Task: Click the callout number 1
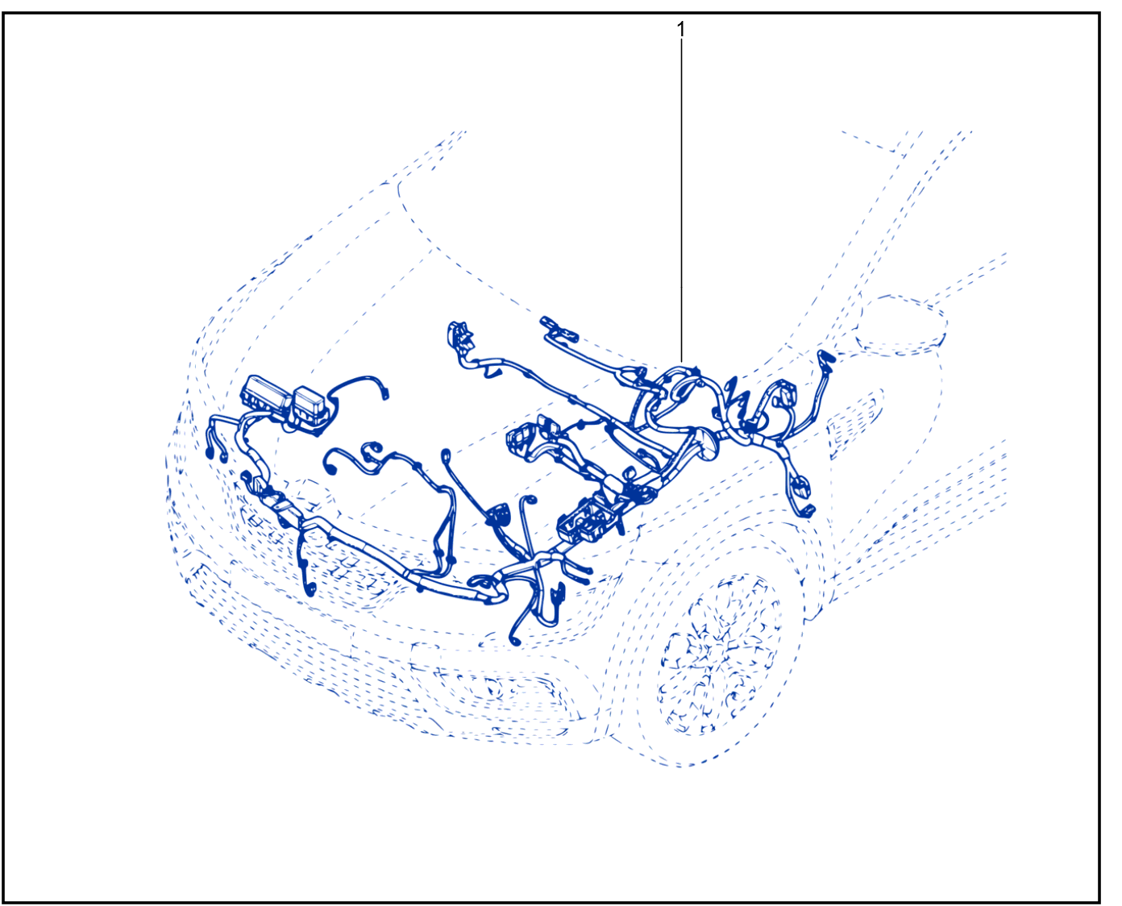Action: point(680,30)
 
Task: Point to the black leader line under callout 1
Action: point(681,201)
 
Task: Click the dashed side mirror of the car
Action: point(901,325)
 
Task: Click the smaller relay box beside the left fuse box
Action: point(310,401)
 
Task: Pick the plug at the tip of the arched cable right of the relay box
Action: point(385,393)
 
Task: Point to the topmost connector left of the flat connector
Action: point(459,335)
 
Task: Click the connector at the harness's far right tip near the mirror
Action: point(826,358)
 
